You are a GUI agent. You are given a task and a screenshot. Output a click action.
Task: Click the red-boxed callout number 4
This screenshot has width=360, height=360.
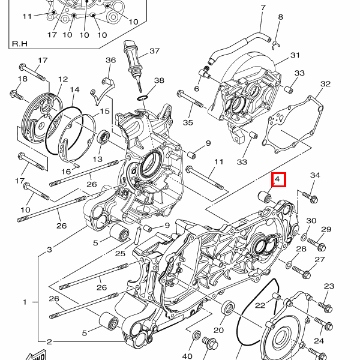click(277, 179)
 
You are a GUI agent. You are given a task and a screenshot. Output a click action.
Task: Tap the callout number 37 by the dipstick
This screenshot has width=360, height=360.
click(155, 51)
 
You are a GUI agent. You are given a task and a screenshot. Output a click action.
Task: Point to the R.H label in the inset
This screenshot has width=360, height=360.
click(20, 43)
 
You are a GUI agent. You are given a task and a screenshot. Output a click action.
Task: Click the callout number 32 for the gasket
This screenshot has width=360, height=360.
click(325, 84)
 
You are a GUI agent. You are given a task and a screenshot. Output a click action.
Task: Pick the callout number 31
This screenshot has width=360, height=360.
click(295, 55)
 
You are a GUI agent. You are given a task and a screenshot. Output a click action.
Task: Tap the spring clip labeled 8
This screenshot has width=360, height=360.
click(276, 45)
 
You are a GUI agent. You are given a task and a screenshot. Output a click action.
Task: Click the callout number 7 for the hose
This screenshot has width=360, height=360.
click(263, 8)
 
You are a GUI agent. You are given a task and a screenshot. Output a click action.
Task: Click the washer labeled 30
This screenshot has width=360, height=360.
click(304, 238)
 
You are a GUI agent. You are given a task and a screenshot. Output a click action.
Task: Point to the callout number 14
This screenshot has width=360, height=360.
click(74, 89)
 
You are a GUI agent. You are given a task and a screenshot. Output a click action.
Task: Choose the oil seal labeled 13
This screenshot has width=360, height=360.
click(104, 137)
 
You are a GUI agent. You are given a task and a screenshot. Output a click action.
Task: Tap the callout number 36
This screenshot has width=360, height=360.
click(110, 60)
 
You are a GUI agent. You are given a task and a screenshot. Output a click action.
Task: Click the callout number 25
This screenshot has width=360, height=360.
click(120, 253)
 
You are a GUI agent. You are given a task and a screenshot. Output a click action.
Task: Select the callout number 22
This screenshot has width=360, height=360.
click(260, 305)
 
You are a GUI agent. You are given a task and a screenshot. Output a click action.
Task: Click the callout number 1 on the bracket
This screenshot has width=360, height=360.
click(25, 302)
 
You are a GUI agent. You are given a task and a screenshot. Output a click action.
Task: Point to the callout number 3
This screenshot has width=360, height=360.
click(49, 250)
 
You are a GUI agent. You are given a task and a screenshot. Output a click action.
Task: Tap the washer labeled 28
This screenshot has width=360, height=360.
click(289, 265)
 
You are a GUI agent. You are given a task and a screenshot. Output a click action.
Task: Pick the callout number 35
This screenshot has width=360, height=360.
click(188, 122)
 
